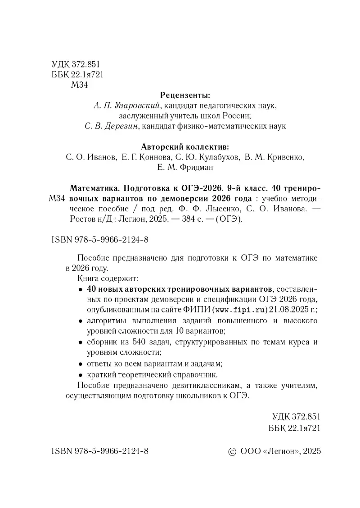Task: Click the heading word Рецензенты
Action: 185,95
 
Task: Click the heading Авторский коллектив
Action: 185,147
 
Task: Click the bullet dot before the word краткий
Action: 80,374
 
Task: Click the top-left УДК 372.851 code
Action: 75,64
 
